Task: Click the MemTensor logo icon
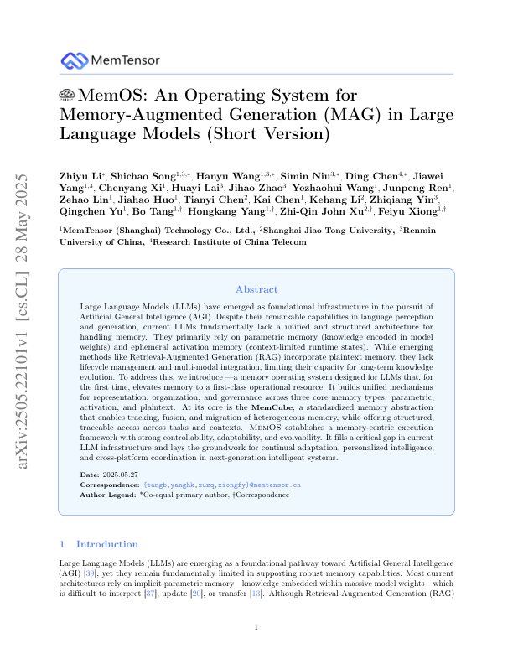(x=75, y=60)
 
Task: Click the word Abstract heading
(x=256, y=289)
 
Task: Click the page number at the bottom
(x=256, y=627)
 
